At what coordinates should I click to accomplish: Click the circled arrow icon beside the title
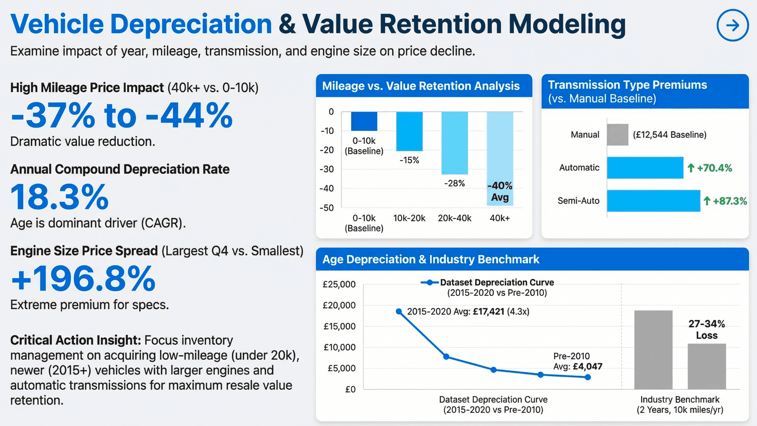click(x=733, y=25)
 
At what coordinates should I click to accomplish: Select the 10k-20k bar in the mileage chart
click(x=409, y=131)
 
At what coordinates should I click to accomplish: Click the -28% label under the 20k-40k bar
click(x=454, y=183)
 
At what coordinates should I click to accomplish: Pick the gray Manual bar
click(x=617, y=135)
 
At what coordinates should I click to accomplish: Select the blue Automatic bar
click(x=645, y=168)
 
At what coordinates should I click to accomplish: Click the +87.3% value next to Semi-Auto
click(x=730, y=201)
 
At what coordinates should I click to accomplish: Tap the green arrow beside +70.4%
click(x=691, y=168)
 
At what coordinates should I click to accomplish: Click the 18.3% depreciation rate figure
click(x=60, y=197)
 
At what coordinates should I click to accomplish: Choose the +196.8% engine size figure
click(x=83, y=279)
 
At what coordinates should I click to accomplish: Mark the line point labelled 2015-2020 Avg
click(x=399, y=311)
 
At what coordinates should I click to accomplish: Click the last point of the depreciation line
click(x=587, y=377)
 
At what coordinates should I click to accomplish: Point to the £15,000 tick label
click(x=339, y=326)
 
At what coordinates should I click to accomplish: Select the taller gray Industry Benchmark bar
click(x=653, y=350)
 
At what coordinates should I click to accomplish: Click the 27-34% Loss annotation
click(x=707, y=330)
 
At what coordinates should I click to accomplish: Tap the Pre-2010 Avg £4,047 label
click(x=578, y=361)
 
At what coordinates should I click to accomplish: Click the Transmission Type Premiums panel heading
click(x=627, y=85)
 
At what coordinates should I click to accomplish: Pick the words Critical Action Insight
click(x=76, y=340)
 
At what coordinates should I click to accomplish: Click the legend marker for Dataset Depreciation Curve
click(x=430, y=282)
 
